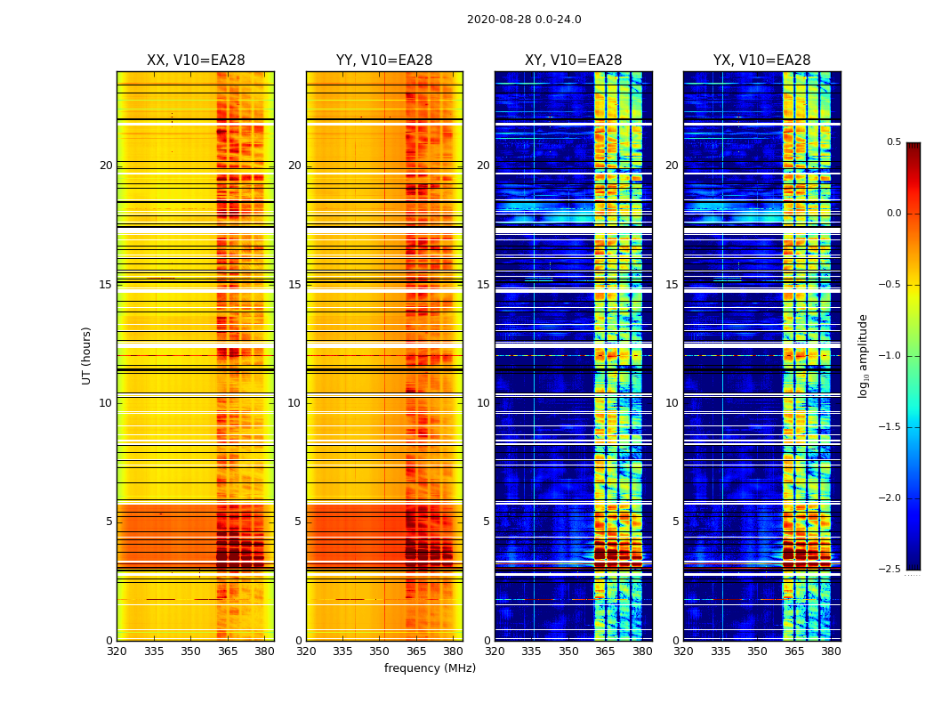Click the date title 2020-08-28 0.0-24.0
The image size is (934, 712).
[524, 20]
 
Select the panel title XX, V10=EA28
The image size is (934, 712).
[196, 61]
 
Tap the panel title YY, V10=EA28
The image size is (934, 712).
[384, 61]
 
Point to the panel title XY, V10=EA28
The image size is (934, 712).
[573, 61]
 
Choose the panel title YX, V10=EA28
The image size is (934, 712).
[761, 61]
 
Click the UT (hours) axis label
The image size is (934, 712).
[86, 355]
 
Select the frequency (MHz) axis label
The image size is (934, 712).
[430, 668]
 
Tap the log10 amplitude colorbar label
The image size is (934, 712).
[863, 355]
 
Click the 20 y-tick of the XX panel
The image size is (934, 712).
[106, 166]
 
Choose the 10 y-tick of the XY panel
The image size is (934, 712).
[483, 403]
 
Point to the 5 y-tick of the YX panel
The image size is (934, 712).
[675, 522]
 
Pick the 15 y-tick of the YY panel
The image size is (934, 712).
[294, 285]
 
